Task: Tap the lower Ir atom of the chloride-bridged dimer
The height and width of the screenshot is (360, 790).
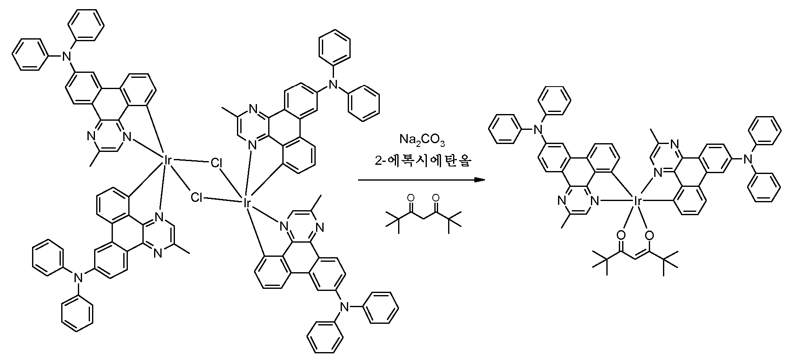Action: (x=246, y=204)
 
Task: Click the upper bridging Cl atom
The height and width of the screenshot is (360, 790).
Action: (x=217, y=163)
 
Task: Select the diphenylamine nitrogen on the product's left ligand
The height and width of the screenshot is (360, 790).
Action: (x=538, y=130)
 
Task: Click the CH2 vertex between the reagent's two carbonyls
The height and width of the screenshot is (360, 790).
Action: (x=424, y=220)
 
